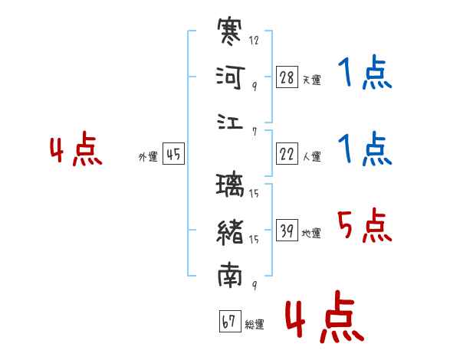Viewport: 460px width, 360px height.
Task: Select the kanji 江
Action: pyautogui.click(x=230, y=123)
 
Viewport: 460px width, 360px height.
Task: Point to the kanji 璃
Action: pyautogui.click(x=230, y=185)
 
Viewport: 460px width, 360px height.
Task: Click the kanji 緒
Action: pyautogui.click(x=230, y=231)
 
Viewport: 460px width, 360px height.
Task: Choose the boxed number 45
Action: pyautogui.click(x=173, y=155)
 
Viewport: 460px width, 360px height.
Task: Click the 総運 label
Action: pyautogui.click(x=254, y=325)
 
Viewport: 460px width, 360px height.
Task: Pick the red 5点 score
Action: pyautogui.click(x=365, y=225)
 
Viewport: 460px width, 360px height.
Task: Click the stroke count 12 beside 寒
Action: pyautogui.click(x=255, y=41)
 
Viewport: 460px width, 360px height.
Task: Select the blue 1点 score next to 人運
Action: pyautogui.click(x=365, y=149)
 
